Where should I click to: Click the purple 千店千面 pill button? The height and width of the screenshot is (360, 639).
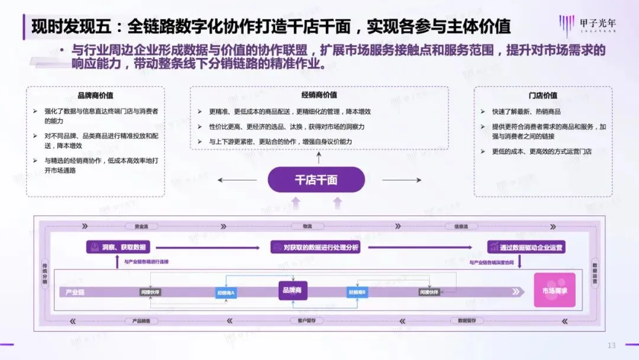[x=316, y=179]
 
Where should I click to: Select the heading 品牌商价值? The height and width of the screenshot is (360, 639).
[x=96, y=95]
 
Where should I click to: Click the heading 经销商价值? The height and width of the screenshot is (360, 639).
[x=319, y=95]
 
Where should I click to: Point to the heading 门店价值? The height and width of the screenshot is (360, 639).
[x=543, y=95]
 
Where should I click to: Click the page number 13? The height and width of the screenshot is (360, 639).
[x=612, y=345]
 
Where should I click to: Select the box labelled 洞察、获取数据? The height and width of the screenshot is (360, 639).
[x=118, y=247]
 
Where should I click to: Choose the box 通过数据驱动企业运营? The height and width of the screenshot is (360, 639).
[x=526, y=247]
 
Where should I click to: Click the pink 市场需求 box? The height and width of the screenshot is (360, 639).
[x=554, y=290]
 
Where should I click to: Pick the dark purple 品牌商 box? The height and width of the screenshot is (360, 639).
[x=292, y=290]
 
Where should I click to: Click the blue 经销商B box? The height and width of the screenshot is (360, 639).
[x=357, y=292]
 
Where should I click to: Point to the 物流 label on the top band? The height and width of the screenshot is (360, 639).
[x=306, y=226]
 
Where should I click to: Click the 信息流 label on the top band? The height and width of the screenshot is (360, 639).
[x=461, y=226]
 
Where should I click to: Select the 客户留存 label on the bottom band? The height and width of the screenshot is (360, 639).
[x=298, y=320]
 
